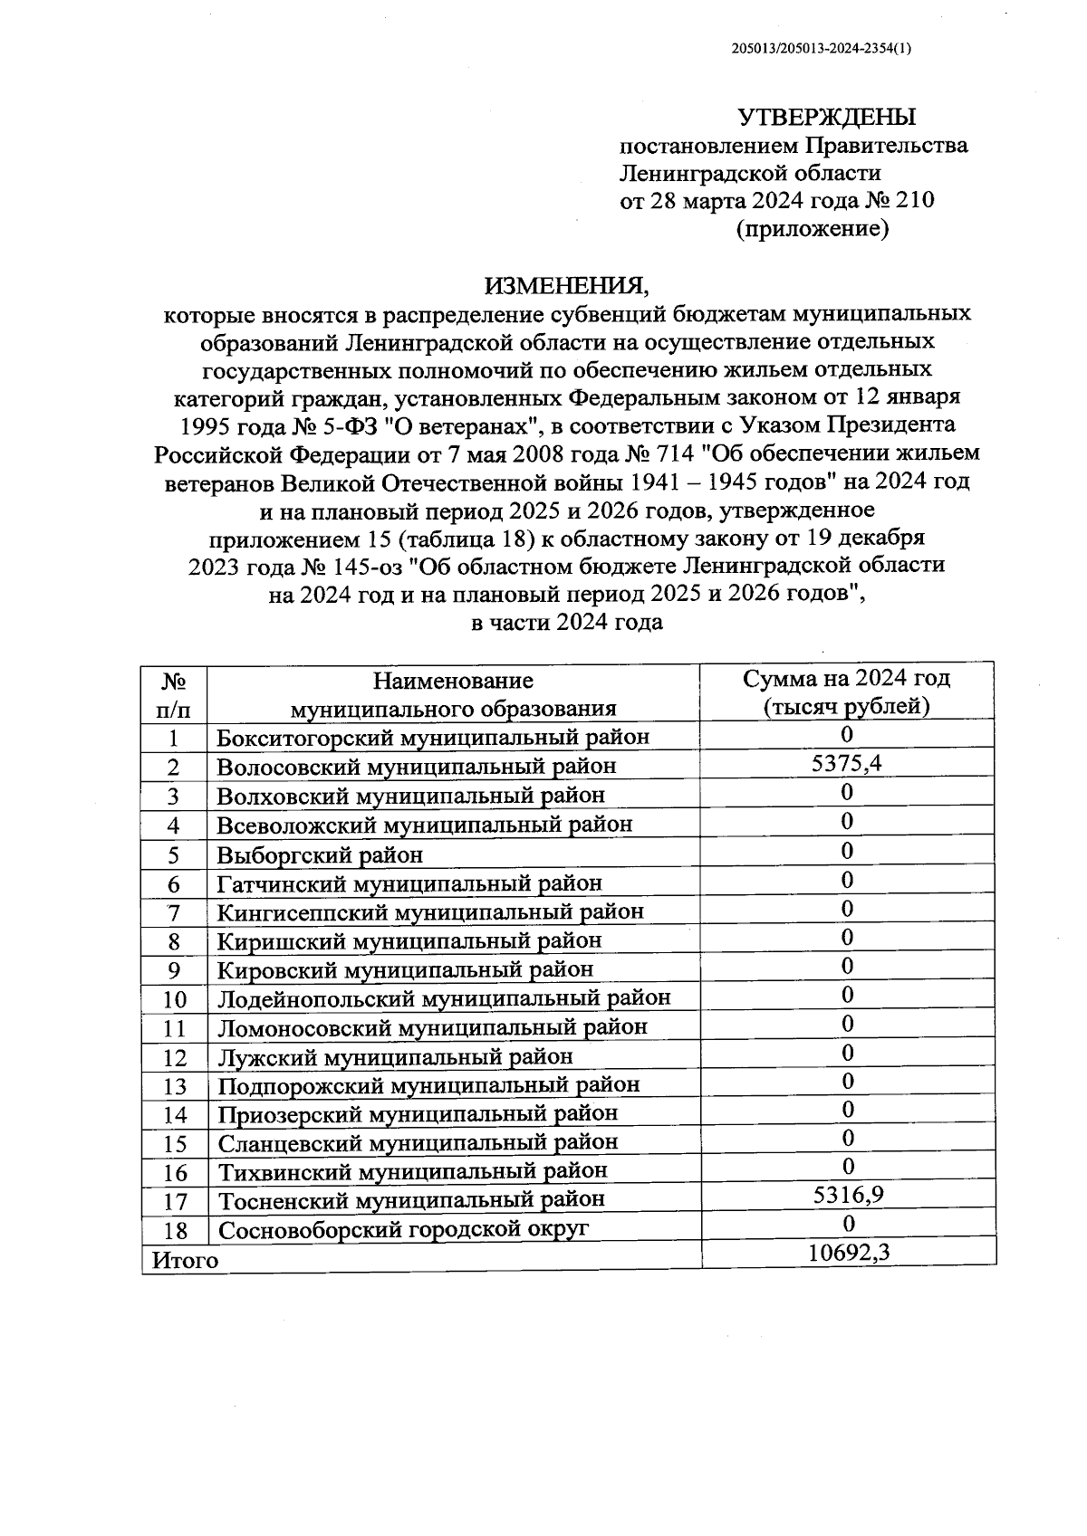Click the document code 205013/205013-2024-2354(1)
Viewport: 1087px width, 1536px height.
[x=821, y=51]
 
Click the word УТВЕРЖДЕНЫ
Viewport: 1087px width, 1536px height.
[x=826, y=118]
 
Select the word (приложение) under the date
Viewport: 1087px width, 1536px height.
[x=812, y=229]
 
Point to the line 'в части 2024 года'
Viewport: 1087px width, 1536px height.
[x=567, y=623]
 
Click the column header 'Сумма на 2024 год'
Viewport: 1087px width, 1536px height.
[x=847, y=679]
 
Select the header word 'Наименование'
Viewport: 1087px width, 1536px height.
[x=453, y=680]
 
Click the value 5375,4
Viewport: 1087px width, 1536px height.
[x=847, y=764]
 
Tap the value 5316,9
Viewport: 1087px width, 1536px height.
[x=848, y=1197]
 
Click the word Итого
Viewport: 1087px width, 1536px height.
[x=186, y=1260]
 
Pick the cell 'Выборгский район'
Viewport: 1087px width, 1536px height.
[x=320, y=854]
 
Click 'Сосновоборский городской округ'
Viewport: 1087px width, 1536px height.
[x=403, y=1230]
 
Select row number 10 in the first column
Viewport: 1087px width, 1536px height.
[x=174, y=1000]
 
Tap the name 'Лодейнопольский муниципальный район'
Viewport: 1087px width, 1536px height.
[x=444, y=999]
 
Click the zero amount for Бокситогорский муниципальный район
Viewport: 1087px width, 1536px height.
[x=847, y=734]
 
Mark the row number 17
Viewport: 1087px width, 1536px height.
[x=174, y=1202]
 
